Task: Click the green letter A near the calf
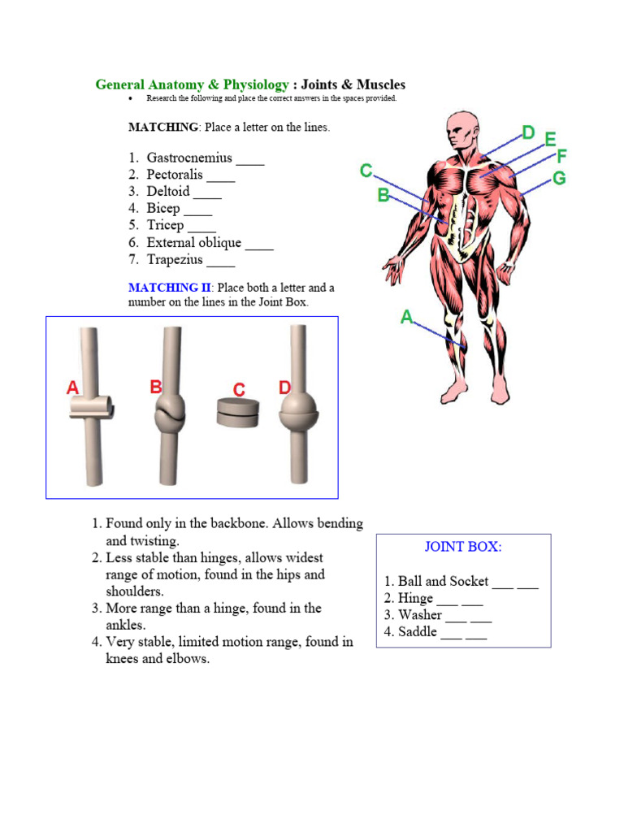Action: pos(407,317)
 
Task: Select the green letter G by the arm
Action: pos(559,178)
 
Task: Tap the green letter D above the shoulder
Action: pos(528,132)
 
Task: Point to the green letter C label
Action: pos(366,171)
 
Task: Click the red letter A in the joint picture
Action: pos(73,388)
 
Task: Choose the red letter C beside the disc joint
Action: pos(239,391)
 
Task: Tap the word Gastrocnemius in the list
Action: pos(189,158)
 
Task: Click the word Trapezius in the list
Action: pos(175,260)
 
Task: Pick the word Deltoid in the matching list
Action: pos(168,192)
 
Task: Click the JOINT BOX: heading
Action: pos(463,547)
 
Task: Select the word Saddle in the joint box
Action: pos(418,631)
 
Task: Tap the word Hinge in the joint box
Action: pos(415,598)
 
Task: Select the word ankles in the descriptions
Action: pos(126,625)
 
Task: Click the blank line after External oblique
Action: pos(259,244)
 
